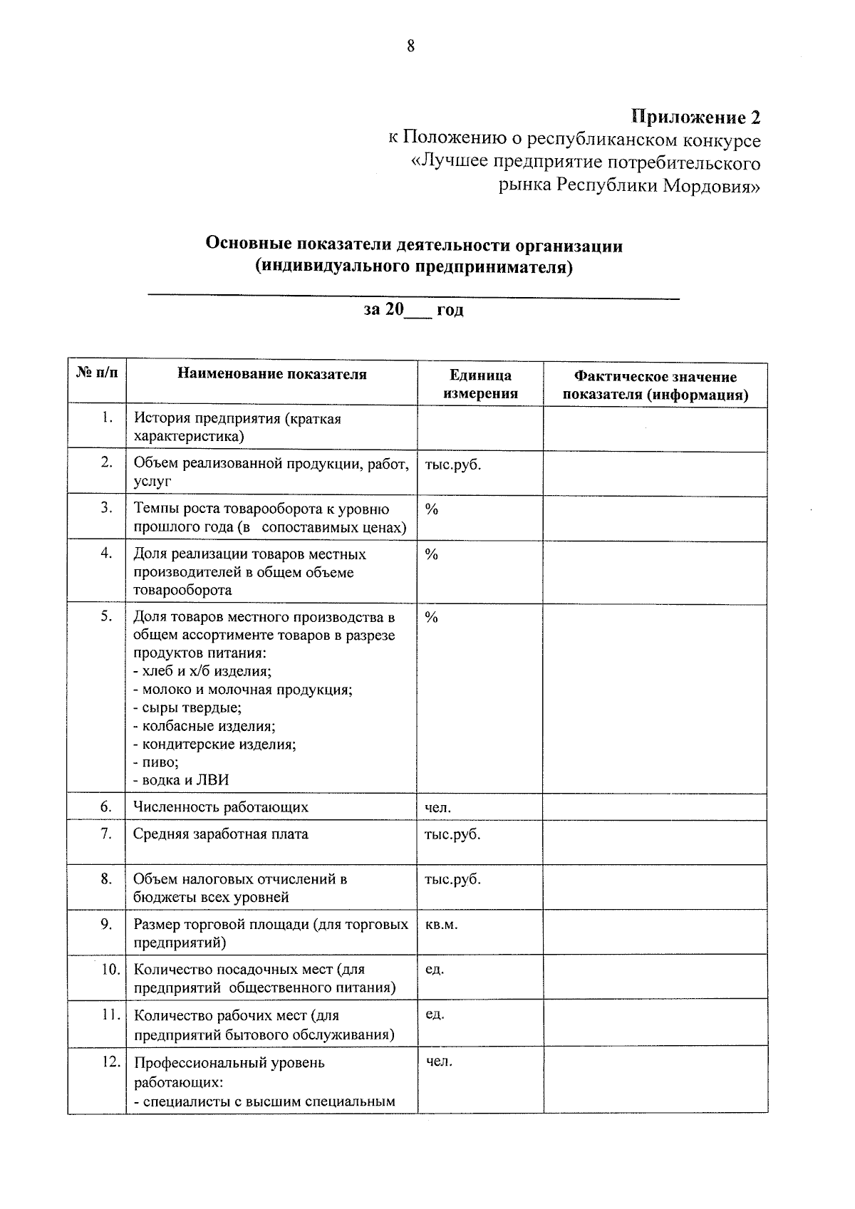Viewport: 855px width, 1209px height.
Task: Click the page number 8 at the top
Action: (410, 47)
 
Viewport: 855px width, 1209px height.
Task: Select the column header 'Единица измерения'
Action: (480, 385)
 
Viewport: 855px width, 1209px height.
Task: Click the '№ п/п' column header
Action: (97, 373)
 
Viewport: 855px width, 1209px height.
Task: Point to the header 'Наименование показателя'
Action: (272, 374)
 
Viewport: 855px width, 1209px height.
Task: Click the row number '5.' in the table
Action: (106, 616)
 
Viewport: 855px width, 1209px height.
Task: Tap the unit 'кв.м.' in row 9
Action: (441, 925)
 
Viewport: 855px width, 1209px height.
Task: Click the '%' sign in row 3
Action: (431, 509)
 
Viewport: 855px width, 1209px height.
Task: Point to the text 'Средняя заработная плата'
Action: (221, 834)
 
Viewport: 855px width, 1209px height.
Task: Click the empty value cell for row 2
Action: (655, 473)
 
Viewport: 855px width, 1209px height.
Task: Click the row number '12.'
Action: (110, 1062)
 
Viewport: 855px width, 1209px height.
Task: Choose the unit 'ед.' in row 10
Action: (434, 970)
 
